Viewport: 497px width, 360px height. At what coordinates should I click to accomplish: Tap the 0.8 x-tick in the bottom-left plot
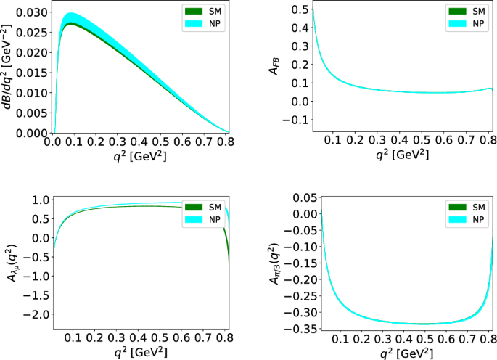[226, 337]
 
